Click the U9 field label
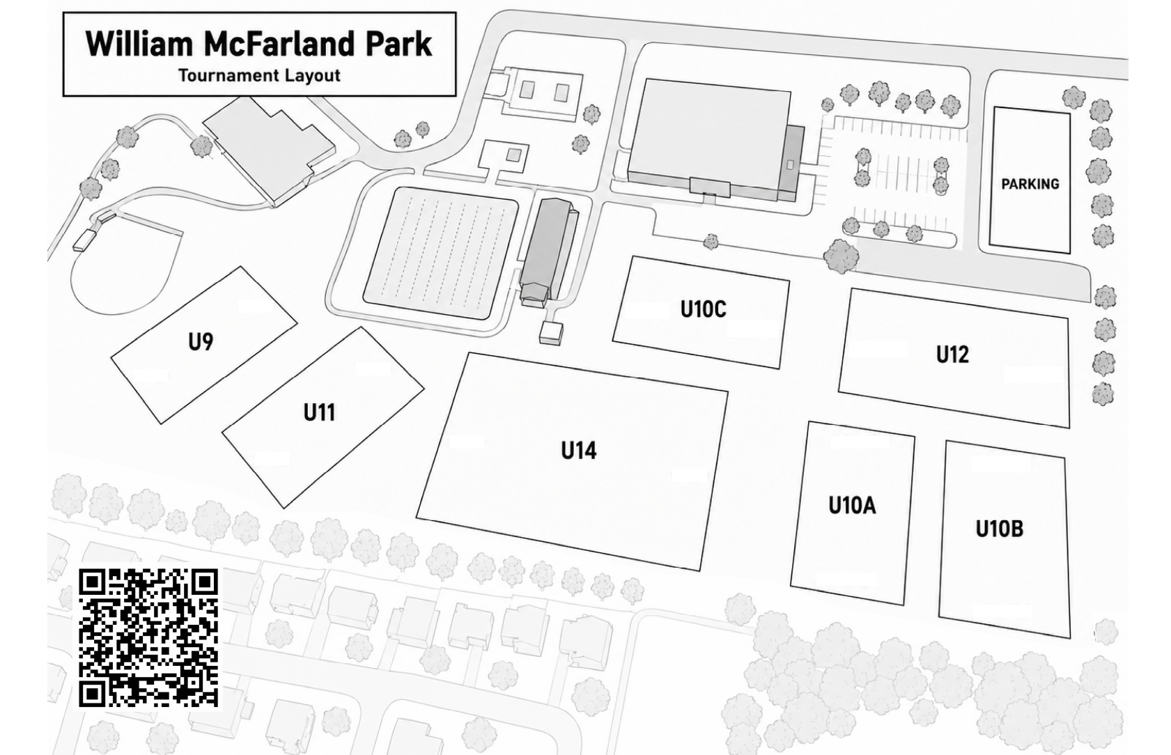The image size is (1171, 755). [x=201, y=342]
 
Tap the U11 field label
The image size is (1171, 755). [x=319, y=412]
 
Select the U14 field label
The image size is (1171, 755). [x=579, y=450]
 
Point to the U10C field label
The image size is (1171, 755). [x=703, y=309]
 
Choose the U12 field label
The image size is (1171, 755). [x=952, y=355]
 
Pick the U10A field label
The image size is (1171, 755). [x=852, y=505]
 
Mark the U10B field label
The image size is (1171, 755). [x=999, y=529]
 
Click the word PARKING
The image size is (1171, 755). [x=1030, y=184]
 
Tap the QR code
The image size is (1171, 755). [x=148, y=638]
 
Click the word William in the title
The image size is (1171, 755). [x=139, y=44]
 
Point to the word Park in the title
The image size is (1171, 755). [x=399, y=44]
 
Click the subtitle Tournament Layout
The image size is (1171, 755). [x=259, y=76]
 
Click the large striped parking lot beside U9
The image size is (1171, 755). [x=441, y=254]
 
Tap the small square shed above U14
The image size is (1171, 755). [x=551, y=333]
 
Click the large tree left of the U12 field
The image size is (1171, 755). [x=841, y=257]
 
